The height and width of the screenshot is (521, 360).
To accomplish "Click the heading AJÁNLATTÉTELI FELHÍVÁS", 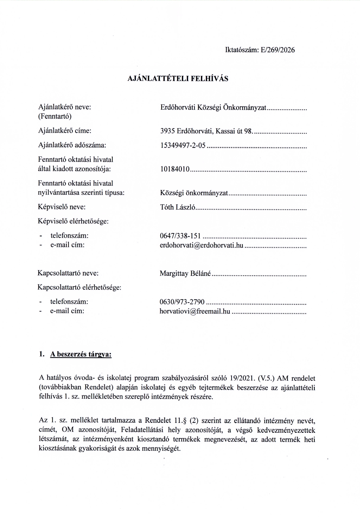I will pos(178,79).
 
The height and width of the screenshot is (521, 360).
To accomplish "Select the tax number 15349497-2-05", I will pos(183,145).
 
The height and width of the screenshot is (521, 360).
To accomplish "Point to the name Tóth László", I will pos(177,207).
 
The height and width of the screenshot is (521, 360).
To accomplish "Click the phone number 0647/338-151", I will pos(180,236).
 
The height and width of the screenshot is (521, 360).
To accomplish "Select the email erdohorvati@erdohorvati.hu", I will pos(202,245).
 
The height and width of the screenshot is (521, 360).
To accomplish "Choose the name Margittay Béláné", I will pos(185,273).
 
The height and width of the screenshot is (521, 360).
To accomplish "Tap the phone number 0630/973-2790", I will pos(182,302).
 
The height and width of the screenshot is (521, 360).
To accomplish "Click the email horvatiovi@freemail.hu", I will pos(195,311).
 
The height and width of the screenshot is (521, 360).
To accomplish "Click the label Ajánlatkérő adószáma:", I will pos(72,145).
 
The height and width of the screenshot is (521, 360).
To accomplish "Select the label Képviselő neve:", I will pos(62,207).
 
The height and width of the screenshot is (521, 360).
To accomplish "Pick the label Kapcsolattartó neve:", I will pos(68,273).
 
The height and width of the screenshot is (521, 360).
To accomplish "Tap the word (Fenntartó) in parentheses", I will pos(55,116).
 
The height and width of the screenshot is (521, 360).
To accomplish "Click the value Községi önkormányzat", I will pos(194,193).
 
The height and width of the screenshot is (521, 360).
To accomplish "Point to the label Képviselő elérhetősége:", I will pos(73,221).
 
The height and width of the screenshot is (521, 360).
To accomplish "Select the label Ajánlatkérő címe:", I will pos(65,131).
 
